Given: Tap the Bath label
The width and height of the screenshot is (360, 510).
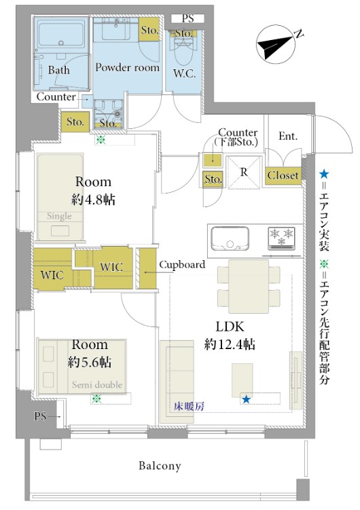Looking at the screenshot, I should click(58, 70).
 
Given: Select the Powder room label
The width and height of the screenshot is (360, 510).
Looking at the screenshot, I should click(127, 67).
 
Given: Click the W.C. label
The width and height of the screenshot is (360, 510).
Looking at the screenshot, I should click(184, 74).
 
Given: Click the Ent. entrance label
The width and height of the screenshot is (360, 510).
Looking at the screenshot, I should click(288, 136).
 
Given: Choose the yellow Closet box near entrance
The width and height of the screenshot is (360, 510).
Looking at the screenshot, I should click(283, 175).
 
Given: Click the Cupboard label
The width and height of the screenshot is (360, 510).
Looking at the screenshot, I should click(182, 265).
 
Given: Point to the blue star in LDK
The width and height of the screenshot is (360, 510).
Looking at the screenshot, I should click(246, 399).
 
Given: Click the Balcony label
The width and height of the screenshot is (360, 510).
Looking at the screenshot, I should click(160, 466).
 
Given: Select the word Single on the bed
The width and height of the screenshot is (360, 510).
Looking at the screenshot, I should click(59, 216).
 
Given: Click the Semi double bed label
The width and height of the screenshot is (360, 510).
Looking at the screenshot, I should click(97, 385).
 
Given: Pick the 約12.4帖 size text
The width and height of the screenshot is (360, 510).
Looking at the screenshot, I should click(230, 344).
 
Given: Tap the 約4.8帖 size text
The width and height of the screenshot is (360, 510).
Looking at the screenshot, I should click(93, 200).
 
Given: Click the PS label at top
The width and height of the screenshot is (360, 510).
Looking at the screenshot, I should click(187, 18).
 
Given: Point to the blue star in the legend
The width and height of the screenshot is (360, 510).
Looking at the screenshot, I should click(323, 175).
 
